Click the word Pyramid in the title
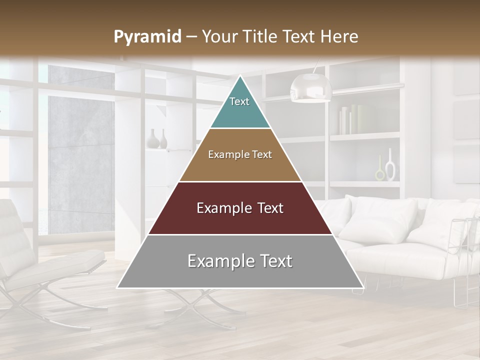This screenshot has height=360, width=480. click(x=147, y=37)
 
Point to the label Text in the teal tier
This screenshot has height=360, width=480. click(x=239, y=101)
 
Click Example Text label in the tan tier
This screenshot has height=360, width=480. click(x=240, y=154)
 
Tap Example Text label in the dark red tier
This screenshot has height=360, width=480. click(x=240, y=208)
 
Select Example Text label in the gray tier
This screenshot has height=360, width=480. click(x=240, y=261)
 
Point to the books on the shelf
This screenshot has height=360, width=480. click(x=350, y=119)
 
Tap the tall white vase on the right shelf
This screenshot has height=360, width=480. click(x=390, y=165)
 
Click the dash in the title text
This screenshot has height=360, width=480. click(x=191, y=37)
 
